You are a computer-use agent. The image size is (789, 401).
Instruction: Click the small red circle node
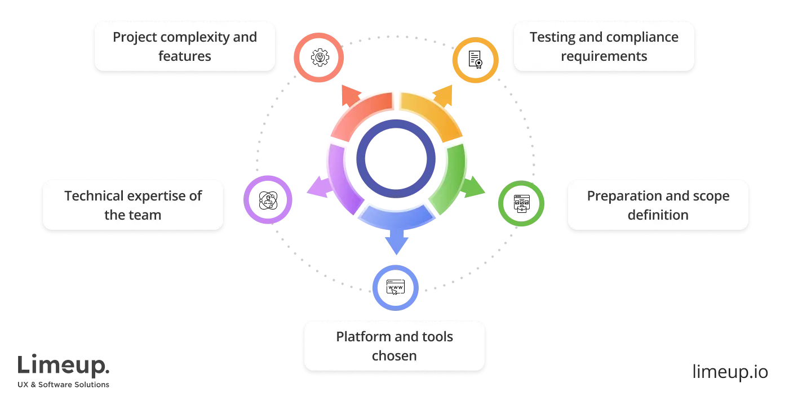point(318,58)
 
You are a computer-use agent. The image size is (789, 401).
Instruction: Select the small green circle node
point(521,203)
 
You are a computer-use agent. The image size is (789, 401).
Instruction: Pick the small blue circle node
point(396,287)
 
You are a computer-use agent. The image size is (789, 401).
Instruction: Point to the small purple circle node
point(268,200)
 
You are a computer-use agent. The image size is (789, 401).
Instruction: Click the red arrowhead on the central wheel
point(348,96)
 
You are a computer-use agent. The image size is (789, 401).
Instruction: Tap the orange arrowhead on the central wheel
point(443,96)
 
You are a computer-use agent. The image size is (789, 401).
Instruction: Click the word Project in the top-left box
point(135,37)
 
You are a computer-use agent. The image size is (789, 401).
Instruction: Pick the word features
point(184,56)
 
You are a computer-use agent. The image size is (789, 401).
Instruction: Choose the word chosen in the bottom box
point(394,356)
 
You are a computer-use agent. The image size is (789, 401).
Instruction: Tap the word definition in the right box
point(658,215)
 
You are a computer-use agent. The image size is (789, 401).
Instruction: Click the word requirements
point(604,56)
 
